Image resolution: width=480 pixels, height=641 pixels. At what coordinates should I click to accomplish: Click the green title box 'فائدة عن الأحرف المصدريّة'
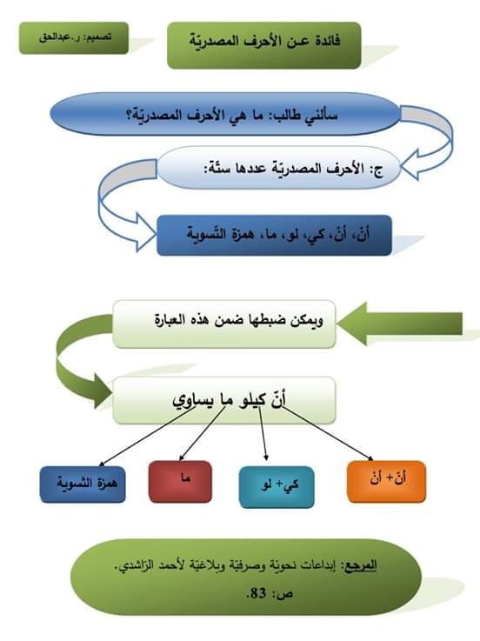coord(264,45)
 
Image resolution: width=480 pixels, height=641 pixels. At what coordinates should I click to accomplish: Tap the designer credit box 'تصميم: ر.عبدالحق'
coord(74,38)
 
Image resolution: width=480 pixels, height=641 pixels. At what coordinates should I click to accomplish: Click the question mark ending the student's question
coord(130,115)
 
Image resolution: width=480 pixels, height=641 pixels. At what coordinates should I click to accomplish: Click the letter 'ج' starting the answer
coord(378,170)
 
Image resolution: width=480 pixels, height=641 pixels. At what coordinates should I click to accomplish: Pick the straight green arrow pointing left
coord(400,324)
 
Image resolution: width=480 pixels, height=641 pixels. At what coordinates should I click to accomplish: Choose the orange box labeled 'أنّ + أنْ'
coord(386,482)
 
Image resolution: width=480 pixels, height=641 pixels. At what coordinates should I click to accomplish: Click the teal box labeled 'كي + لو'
coord(277,487)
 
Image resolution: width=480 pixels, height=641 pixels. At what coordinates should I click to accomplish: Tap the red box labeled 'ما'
coord(180,482)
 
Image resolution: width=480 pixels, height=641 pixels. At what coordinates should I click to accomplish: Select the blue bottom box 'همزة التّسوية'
coord(83,484)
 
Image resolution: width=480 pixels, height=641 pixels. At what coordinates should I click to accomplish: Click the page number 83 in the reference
coord(257,593)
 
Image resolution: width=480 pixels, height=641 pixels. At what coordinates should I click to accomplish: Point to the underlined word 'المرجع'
coord(361,565)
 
